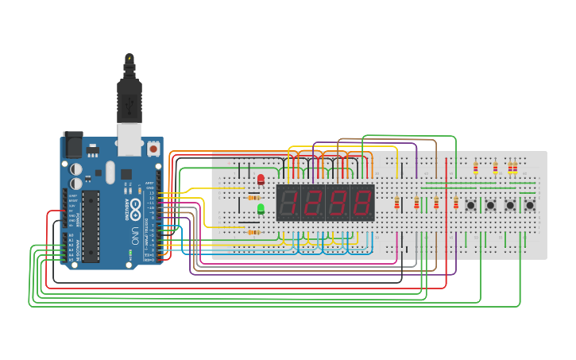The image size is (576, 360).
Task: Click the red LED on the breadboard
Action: click(x=261, y=180)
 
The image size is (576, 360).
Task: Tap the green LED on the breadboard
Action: click(x=261, y=209)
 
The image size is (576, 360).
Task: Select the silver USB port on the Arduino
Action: click(x=129, y=137)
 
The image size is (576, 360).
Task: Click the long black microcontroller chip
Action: click(x=91, y=226)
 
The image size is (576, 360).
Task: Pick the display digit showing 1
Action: click(x=288, y=203)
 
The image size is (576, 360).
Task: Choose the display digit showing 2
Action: click(x=311, y=203)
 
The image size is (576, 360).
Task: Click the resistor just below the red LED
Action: click(x=253, y=197)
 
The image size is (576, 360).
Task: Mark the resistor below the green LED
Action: click(x=253, y=232)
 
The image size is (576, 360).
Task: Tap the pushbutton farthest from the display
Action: click(x=529, y=205)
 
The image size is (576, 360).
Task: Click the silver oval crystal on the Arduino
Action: click(x=110, y=172)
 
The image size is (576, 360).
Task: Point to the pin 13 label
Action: click(x=152, y=192)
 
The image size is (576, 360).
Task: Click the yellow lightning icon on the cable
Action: click(x=130, y=59)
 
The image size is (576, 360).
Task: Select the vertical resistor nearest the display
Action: click(x=396, y=203)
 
